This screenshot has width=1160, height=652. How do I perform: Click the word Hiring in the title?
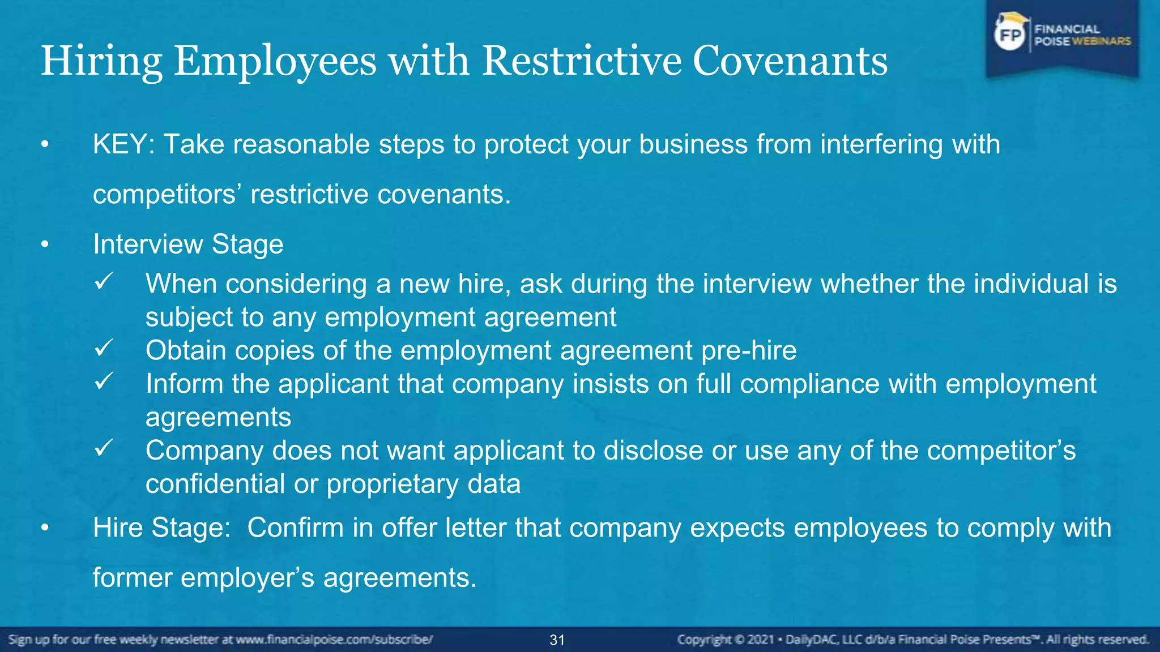point(102,61)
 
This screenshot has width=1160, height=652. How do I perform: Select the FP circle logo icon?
point(1010,36)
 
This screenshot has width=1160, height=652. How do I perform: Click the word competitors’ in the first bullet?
point(164,195)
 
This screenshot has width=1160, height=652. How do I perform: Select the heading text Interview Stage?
point(188,244)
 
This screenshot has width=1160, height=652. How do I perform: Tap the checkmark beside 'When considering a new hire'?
point(104,281)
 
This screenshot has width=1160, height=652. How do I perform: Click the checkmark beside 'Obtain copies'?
point(104,348)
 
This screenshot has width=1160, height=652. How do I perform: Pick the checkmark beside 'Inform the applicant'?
point(104,381)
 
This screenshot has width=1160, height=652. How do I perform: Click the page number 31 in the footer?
point(557,640)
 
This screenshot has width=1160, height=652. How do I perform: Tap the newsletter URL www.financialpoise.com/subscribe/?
point(334,640)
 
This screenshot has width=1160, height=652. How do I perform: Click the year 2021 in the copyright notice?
point(761,640)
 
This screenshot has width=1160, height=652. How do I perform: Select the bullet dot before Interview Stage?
point(45,245)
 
